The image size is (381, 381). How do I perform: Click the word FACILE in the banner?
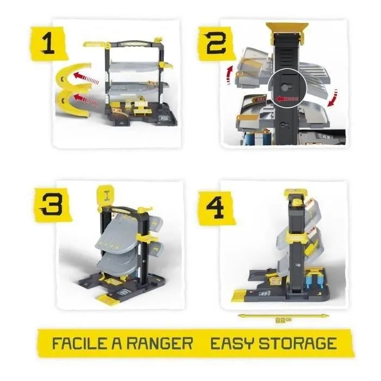81,343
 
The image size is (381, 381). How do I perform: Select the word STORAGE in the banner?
299,343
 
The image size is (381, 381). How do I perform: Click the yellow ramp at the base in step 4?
242,295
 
